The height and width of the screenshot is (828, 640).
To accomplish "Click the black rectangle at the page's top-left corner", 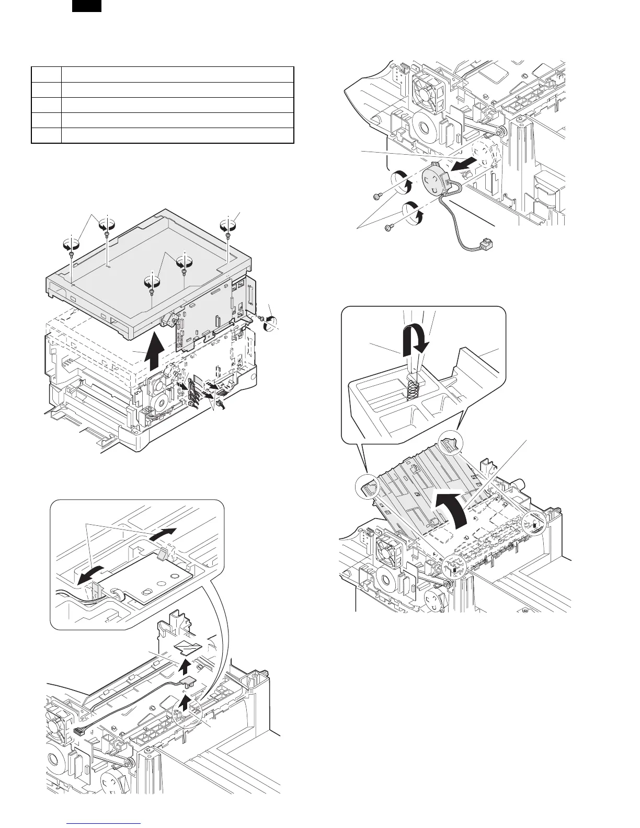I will [86, 6].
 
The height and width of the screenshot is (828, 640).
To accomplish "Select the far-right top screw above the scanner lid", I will [228, 236].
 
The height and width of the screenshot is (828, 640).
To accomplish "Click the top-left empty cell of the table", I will [46, 74].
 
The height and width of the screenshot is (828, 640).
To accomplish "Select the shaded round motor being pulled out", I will [437, 179].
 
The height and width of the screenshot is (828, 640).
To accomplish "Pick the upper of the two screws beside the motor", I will [376, 196].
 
